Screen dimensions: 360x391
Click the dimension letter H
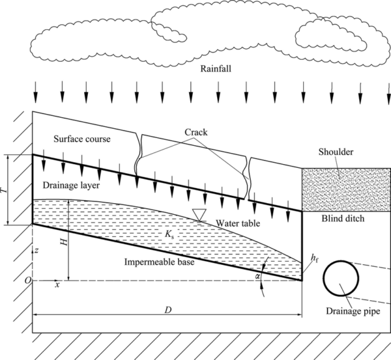click(63, 241)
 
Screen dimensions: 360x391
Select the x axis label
click(57, 285)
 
